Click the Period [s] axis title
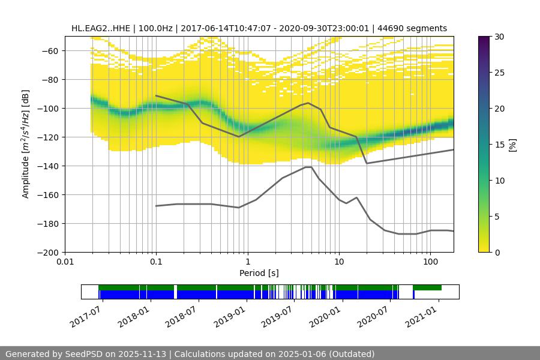[x=259, y=273]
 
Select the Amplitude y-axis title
[x=25, y=144]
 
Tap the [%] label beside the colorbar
[x=512, y=145]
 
